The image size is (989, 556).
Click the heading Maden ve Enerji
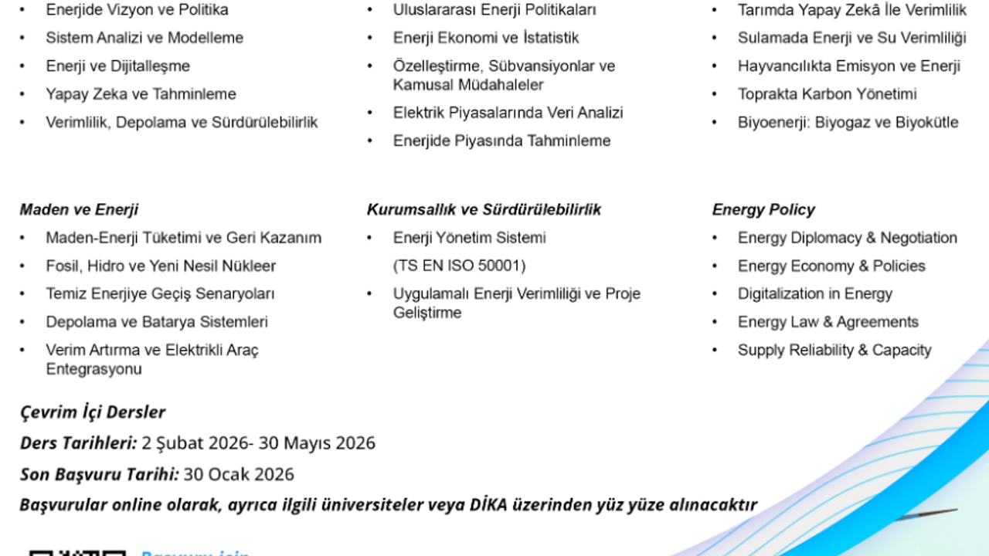79,209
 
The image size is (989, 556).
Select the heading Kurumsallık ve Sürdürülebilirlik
484,209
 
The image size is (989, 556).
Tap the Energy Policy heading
763,209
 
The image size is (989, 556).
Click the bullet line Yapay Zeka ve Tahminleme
141,94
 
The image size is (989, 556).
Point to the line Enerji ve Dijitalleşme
117,66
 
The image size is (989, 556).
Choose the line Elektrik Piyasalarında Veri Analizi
508,113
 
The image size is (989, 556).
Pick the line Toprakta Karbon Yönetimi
827,94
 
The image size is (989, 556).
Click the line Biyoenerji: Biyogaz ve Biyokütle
848,122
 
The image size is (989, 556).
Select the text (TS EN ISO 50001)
459,266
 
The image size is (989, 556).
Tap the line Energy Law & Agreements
828,322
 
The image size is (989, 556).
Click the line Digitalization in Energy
814,293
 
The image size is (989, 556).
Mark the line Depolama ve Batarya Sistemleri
156,322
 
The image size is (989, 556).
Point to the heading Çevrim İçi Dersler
93,412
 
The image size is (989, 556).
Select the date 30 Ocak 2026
239,474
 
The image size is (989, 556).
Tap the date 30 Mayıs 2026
317,443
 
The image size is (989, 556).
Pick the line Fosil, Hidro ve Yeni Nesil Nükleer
161,266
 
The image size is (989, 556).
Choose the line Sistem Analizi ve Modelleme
144,38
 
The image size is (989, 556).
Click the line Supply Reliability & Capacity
834,350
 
